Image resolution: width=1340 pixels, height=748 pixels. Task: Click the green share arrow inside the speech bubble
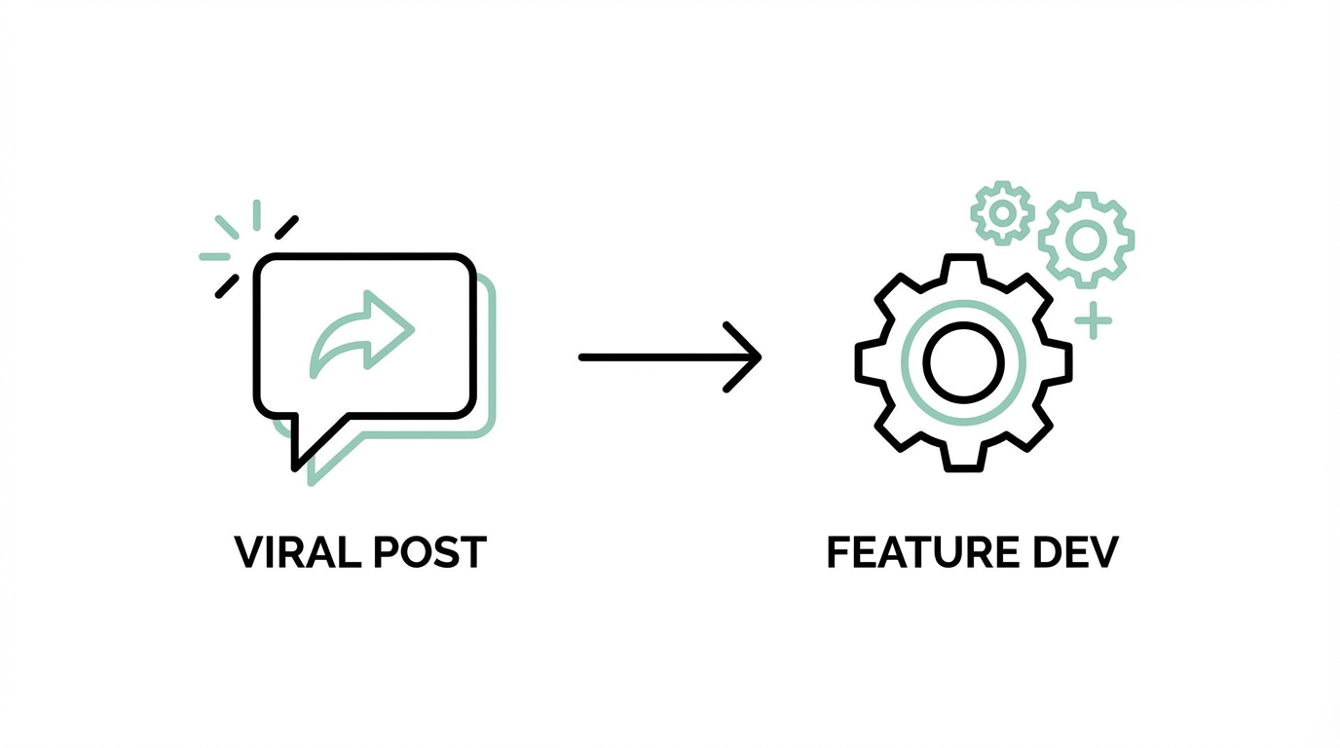click(363, 333)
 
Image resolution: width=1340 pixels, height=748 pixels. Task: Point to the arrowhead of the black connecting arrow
click(751, 357)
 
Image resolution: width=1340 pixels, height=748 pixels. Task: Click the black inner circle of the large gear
click(963, 362)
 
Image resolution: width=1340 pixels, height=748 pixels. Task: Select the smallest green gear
click(1002, 212)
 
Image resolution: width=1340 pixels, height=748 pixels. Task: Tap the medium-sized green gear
click(1086, 240)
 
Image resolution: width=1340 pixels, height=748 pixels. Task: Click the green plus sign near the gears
click(1094, 319)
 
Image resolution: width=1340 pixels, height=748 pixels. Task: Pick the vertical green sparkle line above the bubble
click(257, 215)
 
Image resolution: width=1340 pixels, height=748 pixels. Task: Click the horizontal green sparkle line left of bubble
click(214, 257)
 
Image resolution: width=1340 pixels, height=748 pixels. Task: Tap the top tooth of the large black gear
click(963, 266)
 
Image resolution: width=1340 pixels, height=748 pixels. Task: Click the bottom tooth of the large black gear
click(963, 459)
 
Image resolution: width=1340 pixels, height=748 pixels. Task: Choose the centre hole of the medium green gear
click(1086, 240)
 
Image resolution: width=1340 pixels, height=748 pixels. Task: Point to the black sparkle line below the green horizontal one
click(226, 286)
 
